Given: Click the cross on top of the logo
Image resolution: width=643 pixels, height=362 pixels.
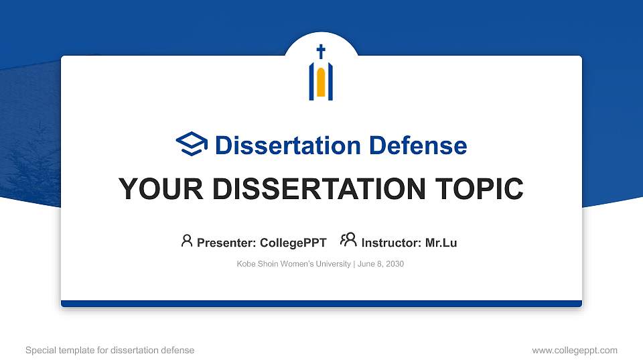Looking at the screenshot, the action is [321, 52].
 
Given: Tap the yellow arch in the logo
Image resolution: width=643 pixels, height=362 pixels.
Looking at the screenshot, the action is [321, 82].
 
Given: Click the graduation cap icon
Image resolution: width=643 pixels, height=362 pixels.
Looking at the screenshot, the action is [192, 143].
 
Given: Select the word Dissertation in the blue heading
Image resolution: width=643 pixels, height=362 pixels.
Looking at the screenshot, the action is [288, 145].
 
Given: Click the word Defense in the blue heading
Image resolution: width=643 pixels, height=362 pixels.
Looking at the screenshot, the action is [418, 145].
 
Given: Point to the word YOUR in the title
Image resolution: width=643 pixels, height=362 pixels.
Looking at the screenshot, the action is [161, 189].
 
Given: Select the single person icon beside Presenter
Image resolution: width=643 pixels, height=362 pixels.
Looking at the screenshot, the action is [187, 241].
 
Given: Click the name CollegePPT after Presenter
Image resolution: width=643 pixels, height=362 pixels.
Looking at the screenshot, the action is [293, 243].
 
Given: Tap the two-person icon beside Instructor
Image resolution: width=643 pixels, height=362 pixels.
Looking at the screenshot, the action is [348, 240].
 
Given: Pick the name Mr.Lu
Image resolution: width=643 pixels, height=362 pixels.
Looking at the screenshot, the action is [441, 243].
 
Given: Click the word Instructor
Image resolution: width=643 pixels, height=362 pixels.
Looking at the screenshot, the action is [390, 243].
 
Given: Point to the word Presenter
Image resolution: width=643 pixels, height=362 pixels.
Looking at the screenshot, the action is [226, 243].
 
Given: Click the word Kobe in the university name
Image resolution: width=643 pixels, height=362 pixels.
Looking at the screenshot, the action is [246, 263].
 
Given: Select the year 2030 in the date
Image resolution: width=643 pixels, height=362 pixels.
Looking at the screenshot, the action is [395, 263].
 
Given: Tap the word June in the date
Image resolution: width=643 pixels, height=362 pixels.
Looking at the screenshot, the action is [366, 263].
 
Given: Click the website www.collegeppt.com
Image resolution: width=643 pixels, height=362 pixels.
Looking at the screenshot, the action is [575, 351].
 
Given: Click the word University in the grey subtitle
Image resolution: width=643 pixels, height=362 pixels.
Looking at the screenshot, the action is [333, 263].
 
